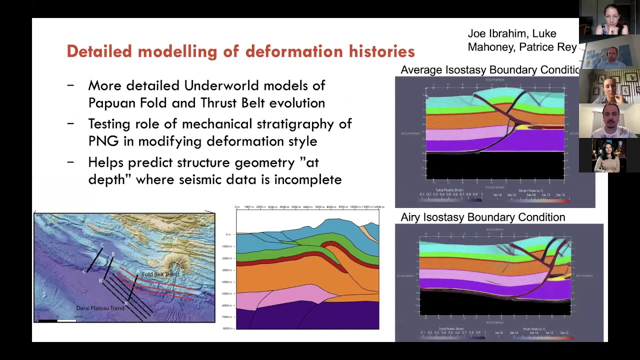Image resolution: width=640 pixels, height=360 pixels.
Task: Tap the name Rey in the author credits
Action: click(567, 47)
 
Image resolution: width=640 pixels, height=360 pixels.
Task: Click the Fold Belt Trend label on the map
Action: click(160, 274)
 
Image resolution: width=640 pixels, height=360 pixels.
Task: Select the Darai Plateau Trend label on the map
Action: click(100, 308)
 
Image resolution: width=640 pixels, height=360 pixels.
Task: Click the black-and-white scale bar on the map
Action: click(57, 319)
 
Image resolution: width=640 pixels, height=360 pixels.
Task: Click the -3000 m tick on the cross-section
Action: click(227, 270)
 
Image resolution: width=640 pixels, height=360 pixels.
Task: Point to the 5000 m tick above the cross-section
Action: click(295, 207)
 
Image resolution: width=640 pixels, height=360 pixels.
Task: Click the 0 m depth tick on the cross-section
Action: click(228, 234)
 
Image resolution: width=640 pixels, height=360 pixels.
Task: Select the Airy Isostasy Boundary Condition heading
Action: click(483, 217)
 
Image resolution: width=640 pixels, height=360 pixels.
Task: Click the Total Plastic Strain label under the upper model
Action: click(449, 190)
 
